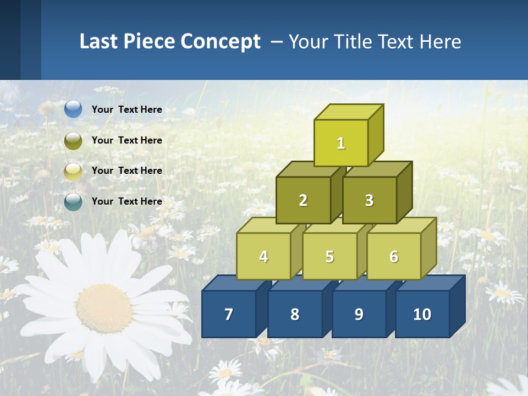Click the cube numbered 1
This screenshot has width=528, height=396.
click(x=341, y=143)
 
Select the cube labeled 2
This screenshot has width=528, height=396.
click(x=303, y=200)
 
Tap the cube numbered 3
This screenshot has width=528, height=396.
click(x=369, y=200)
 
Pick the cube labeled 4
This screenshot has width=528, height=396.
click(x=263, y=256)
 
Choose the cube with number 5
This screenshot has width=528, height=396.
click(x=329, y=256)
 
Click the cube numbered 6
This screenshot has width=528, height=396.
click(x=394, y=256)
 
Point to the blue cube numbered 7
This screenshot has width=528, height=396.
click(x=229, y=314)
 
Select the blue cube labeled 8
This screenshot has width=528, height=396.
click(x=295, y=314)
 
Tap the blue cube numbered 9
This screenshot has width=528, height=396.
click(x=359, y=314)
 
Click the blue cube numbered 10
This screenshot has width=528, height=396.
click(x=422, y=314)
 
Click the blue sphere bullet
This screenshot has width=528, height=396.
click(x=73, y=109)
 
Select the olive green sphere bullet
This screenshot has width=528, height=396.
click(x=73, y=140)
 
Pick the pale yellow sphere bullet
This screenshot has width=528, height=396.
click(x=73, y=171)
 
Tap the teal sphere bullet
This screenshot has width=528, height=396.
click(x=73, y=202)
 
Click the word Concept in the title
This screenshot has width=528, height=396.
click(x=221, y=42)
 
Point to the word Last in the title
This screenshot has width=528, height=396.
click(x=100, y=42)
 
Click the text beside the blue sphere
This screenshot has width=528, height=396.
click(x=127, y=109)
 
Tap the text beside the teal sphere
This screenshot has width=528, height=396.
click(x=127, y=201)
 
